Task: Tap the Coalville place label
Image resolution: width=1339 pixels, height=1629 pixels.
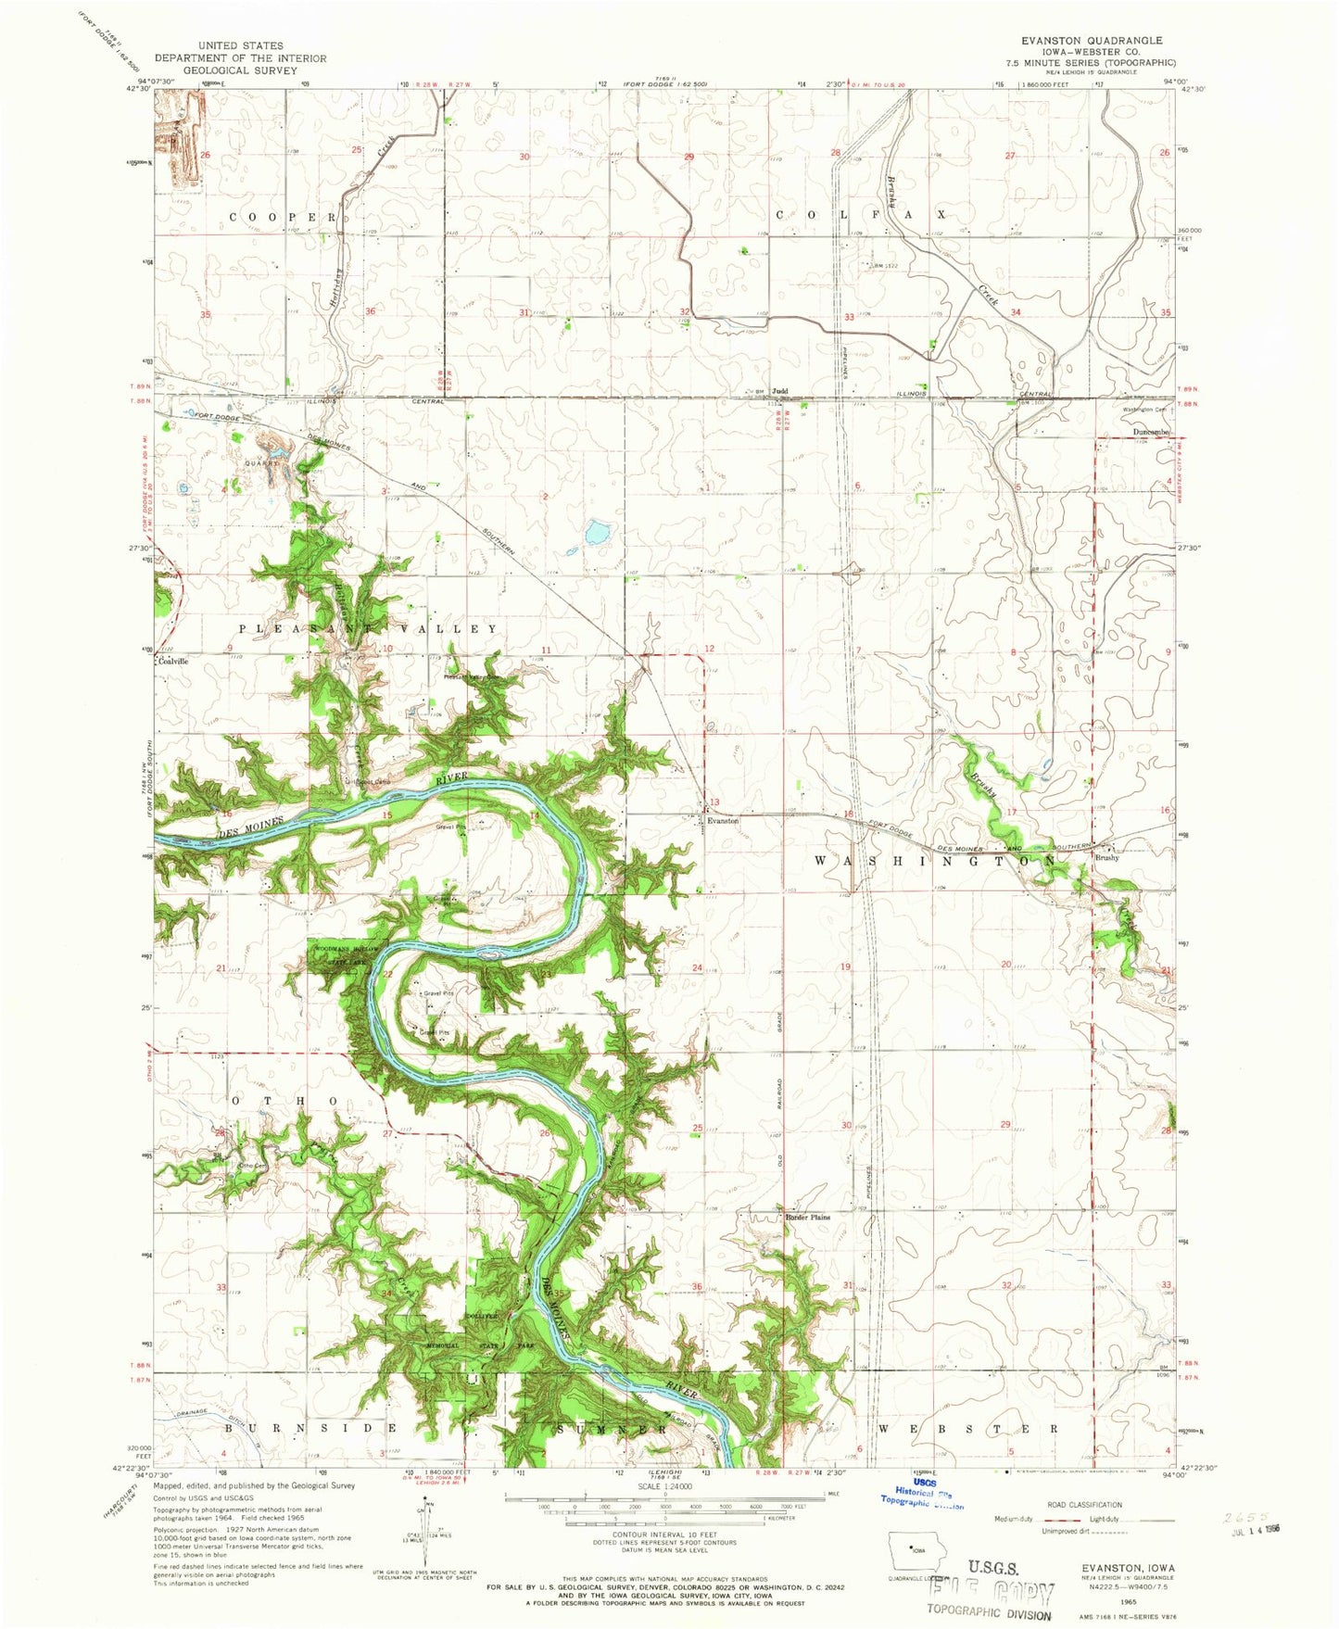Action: tap(173, 662)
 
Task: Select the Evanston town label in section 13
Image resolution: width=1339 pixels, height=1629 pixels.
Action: tap(723, 821)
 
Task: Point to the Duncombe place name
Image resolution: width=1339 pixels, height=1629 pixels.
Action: tap(1154, 433)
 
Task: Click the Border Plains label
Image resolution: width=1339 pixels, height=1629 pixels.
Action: tap(807, 1218)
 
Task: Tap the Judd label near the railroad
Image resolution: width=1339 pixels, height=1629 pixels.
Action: tap(780, 391)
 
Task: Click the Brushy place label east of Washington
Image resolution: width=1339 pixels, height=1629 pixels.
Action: tap(1107, 858)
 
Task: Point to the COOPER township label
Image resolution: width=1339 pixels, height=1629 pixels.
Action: tap(283, 217)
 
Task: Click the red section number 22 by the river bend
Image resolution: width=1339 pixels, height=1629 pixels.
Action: tap(388, 974)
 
